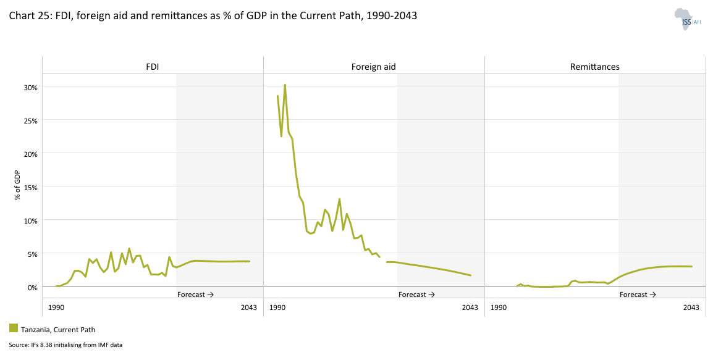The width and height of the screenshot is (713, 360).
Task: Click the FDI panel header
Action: pyautogui.click(x=153, y=67)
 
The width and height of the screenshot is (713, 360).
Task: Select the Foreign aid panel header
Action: pyautogui.click(x=374, y=67)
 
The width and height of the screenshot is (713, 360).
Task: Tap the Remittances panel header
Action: pyautogui.click(x=594, y=67)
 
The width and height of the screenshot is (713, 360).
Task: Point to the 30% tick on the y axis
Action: pyautogui.click(x=30, y=87)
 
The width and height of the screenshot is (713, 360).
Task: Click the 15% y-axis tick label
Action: pyautogui.click(x=30, y=187)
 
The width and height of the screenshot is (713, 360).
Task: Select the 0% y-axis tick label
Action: pyautogui.click(x=32, y=287)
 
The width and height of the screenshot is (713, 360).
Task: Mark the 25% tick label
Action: pyautogui.click(x=30, y=120)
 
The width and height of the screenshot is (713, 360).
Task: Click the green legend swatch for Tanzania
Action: pyautogui.click(x=14, y=328)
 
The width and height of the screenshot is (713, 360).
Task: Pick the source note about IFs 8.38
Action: pyautogui.click(x=65, y=345)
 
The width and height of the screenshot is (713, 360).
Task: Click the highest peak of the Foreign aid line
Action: pyautogui.click(x=284, y=85)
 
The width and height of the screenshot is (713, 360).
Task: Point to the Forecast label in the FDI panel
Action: pyautogui.click(x=195, y=295)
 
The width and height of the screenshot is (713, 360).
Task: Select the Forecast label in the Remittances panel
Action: pyautogui.click(x=638, y=295)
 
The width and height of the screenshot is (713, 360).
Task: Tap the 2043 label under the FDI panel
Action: pyautogui.click(x=249, y=308)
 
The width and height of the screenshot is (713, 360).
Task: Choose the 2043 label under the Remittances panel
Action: pyautogui.click(x=691, y=308)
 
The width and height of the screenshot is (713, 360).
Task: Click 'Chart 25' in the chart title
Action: pyautogui.click(x=26, y=17)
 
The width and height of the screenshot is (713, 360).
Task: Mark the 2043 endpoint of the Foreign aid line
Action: pyautogui.click(x=470, y=275)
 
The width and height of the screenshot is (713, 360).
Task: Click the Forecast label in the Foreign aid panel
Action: pyautogui.click(x=416, y=295)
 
